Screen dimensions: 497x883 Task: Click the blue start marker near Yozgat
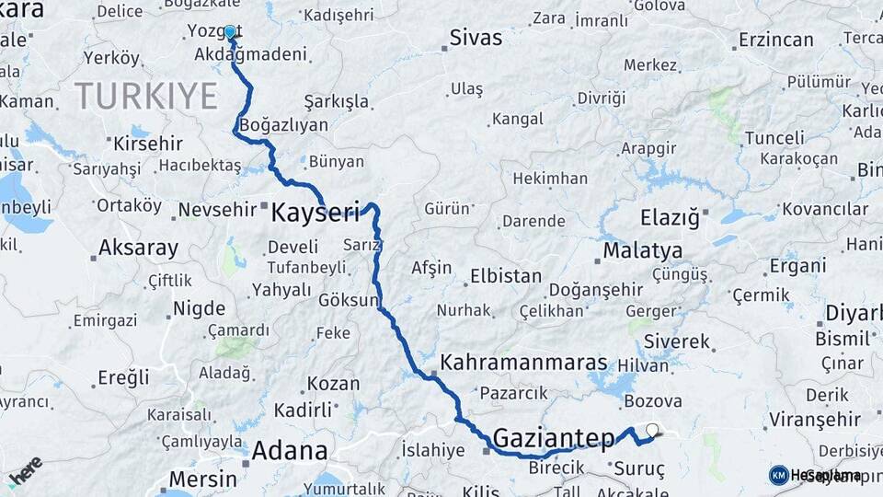coord(230,32)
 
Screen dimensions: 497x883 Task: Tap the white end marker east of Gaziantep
coord(652,429)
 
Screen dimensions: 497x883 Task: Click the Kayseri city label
coord(315,214)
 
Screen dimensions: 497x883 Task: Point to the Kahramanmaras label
coord(524,363)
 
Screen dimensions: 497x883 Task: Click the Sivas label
coord(476,38)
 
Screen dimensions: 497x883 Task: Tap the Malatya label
coord(643,250)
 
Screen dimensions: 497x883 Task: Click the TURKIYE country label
coord(146,95)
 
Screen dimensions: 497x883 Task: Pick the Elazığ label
coord(675,218)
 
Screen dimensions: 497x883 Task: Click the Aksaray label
coord(138,248)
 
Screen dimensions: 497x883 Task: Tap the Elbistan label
coord(506,275)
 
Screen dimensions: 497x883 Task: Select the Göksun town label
coord(348,300)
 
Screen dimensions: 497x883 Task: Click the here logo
coord(26,470)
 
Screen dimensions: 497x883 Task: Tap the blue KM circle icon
coord(778,475)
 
